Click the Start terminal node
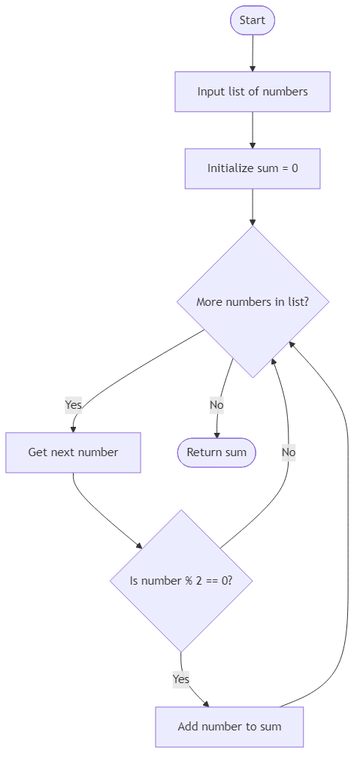[253, 20]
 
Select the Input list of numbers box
[253, 92]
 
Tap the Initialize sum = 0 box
[253, 168]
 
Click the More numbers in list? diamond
[253, 301]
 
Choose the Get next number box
[73, 452]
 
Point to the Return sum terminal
[216, 452]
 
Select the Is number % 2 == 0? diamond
[181, 581]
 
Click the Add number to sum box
[229, 727]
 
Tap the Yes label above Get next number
[73, 405]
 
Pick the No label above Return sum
[216, 405]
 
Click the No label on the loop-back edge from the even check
[289, 452]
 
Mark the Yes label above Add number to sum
[181, 679]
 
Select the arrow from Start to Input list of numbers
[253, 53]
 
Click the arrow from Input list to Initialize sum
[253, 129]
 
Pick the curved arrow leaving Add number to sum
[348, 526]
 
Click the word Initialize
[231, 168]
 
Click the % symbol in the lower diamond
[188, 581]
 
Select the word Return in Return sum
[204, 452]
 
